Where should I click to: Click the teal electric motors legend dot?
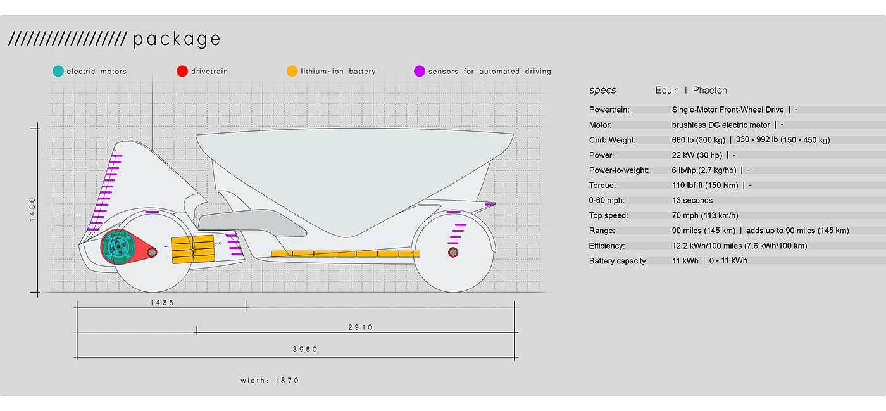[x=58, y=71]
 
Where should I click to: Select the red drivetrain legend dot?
[x=182, y=71]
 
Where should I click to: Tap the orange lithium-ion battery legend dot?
[x=292, y=71]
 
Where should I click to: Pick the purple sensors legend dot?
[x=419, y=71]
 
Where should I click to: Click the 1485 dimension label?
[x=162, y=303]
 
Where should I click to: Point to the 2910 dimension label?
[x=361, y=327]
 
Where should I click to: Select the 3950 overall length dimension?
[x=305, y=349]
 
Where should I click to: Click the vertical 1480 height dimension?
[x=33, y=209]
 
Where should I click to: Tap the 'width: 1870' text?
[x=270, y=381]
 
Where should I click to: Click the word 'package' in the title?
[x=177, y=39]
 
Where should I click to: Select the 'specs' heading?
[x=602, y=91]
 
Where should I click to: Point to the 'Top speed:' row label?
[x=609, y=216]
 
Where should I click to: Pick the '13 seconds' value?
[x=692, y=201]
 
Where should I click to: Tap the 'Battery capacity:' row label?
[x=618, y=261]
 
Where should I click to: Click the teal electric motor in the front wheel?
[x=118, y=246]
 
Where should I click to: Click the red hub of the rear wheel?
[x=453, y=253]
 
